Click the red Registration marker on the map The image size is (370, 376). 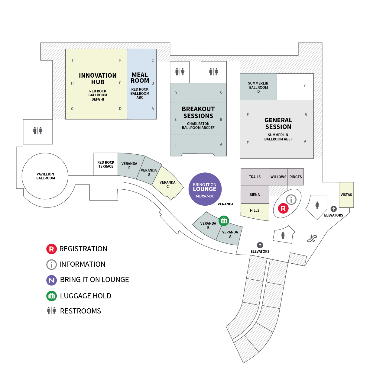tap(283, 208)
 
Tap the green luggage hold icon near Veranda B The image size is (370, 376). tap(224, 221)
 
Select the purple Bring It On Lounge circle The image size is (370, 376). tap(205, 189)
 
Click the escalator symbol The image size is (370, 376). tap(312, 239)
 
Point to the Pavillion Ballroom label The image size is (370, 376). tap(45, 176)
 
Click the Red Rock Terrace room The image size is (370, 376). tap(106, 164)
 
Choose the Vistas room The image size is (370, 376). tap(346, 195)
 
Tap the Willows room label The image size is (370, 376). tap(278, 177)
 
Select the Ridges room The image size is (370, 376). tap(296, 177)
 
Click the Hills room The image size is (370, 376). tap(255, 210)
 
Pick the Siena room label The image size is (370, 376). tap(255, 195)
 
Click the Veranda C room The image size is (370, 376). tap(167, 184)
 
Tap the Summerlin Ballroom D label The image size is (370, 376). tap(258, 87)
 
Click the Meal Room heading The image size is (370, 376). tap(140, 78)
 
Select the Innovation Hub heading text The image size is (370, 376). tap(98, 79)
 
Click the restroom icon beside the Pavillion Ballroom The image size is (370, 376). tap(38, 130)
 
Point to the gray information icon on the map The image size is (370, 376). tap(291, 199)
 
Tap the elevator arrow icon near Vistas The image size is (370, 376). tap(334, 209)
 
